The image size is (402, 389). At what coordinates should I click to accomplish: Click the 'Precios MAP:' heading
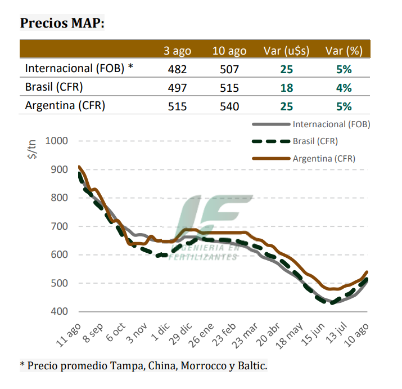tap(62, 23)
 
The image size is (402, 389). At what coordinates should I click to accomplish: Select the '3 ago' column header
tap(177, 51)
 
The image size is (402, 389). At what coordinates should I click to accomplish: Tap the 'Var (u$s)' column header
tap(287, 51)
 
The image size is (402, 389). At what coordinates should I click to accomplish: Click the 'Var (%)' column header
tap(344, 51)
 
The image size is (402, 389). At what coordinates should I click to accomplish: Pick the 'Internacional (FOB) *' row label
tap(79, 69)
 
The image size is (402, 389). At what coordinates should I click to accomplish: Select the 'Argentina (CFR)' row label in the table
tap(65, 105)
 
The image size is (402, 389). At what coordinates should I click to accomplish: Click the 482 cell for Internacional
tap(177, 69)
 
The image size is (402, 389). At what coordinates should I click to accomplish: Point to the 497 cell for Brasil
tap(177, 88)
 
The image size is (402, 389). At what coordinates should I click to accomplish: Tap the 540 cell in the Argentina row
tap(229, 106)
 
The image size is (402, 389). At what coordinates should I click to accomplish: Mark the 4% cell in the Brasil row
tap(344, 88)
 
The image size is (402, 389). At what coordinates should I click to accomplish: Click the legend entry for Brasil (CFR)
tap(315, 141)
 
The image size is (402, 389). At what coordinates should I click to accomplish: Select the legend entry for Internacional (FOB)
tap(331, 124)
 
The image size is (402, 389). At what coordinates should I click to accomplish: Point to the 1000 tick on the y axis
tap(56, 141)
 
